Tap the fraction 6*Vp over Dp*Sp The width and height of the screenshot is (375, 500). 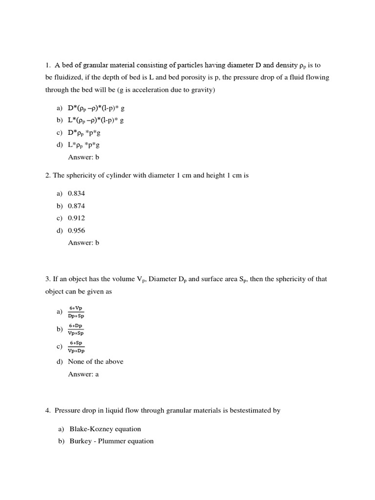(x=76, y=312)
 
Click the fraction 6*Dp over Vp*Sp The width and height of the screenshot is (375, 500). (x=76, y=329)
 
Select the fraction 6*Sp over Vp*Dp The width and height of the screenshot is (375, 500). (x=76, y=347)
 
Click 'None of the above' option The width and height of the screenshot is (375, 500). (x=96, y=362)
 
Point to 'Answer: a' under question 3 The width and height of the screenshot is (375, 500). (x=83, y=375)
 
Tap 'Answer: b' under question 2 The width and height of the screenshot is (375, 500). (x=83, y=243)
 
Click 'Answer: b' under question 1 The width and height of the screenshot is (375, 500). (x=83, y=157)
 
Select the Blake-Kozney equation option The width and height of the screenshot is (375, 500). (x=105, y=429)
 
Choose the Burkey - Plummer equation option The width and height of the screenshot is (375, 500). (x=111, y=441)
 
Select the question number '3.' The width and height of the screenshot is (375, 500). (x=48, y=279)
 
